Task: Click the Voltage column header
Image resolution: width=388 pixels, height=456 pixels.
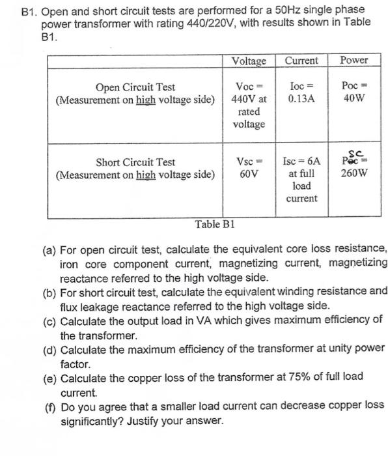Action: coord(249,61)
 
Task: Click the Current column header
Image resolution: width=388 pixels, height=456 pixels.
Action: coord(301,61)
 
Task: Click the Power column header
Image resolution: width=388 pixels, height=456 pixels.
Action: coord(354,60)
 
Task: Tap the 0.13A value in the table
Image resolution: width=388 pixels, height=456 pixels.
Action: coord(301,99)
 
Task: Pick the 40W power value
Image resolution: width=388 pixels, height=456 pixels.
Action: coord(354,99)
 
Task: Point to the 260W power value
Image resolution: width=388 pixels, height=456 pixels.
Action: coord(354,174)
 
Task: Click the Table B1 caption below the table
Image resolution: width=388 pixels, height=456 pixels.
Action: coord(215,224)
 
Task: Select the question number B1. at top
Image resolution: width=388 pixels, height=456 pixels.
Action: coord(28,10)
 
